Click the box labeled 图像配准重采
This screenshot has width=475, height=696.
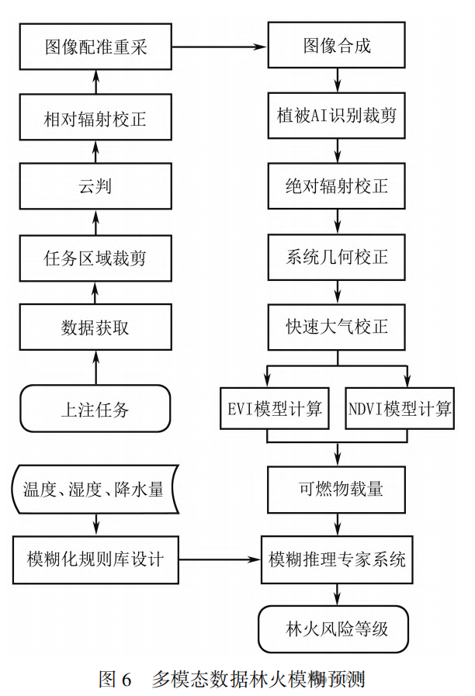coord(95,47)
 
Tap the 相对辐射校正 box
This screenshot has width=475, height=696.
coord(95,119)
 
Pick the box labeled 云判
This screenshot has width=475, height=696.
coord(95,188)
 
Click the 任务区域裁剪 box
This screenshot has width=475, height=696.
coord(95,258)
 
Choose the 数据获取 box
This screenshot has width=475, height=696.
coord(95,327)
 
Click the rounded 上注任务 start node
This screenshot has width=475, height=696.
coord(95,409)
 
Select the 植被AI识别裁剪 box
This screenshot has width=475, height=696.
coord(336,117)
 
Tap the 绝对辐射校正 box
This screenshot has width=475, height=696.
coord(336,187)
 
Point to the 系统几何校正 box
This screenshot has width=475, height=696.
coord(336,256)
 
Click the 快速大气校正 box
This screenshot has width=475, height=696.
coord(336,327)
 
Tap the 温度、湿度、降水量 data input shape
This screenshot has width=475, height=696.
coord(95,490)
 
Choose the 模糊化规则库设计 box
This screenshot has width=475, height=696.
coord(95,559)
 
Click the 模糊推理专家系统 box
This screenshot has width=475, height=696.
coord(336,559)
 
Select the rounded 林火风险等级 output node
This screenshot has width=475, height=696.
coord(336,628)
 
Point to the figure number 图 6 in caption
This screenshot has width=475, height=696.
coord(116,679)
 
